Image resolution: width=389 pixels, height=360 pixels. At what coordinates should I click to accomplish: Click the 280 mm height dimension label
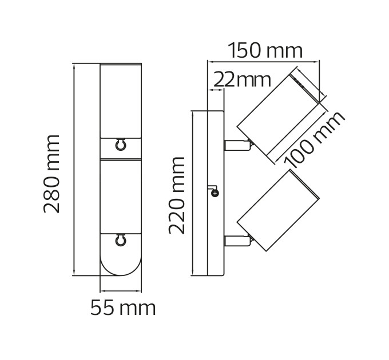[x=51, y=174]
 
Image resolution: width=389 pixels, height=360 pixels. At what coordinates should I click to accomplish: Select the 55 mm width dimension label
[x=123, y=308]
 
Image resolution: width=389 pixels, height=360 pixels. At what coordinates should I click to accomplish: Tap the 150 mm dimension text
[x=265, y=50]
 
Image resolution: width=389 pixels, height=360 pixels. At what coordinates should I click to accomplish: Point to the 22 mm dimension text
[x=242, y=80]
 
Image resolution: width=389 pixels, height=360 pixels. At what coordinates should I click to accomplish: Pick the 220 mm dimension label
[x=177, y=195]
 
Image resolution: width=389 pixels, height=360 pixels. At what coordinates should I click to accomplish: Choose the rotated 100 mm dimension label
[x=314, y=140]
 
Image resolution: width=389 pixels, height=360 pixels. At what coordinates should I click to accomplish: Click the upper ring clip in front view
[x=121, y=145]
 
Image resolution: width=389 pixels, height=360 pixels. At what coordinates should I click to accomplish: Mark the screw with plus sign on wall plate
[x=215, y=193]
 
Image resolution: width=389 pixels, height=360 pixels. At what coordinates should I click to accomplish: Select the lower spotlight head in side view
[x=278, y=211]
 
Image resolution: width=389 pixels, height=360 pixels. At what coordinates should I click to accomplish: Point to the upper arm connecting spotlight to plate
[x=237, y=145]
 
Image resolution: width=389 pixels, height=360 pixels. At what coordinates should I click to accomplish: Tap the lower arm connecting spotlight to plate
[x=237, y=241]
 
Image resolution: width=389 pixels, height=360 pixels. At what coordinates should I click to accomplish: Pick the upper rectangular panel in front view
[x=121, y=101]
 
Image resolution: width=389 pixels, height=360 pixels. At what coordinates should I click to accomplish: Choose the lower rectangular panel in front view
[x=121, y=196]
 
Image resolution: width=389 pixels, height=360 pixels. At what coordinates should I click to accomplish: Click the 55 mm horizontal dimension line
[x=121, y=291]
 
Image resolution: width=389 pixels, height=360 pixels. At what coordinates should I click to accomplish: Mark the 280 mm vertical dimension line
[x=74, y=169]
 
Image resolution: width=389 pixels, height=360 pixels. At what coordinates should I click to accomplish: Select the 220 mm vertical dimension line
[x=193, y=193]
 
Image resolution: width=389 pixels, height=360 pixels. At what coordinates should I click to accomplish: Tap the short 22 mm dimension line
[x=216, y=90]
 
